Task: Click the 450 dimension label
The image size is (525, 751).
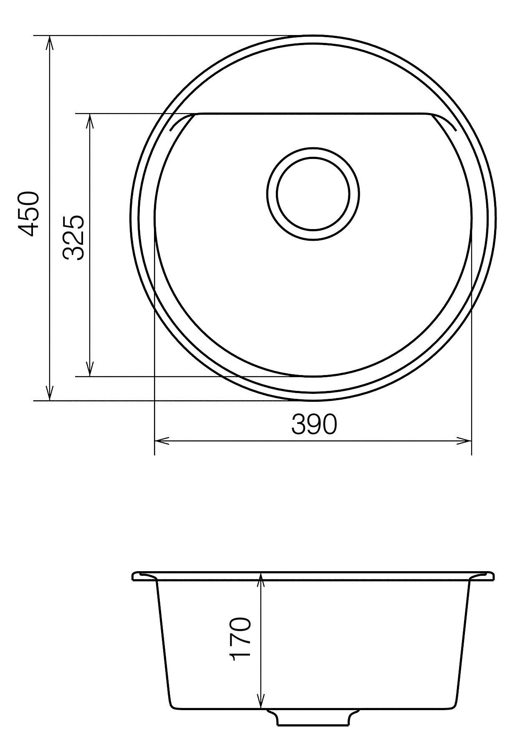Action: pos(30,214)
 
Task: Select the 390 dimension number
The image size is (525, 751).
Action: pos(313,425)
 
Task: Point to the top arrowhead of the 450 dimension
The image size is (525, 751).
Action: pos(50,43)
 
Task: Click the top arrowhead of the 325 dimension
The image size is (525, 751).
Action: pos(89,121)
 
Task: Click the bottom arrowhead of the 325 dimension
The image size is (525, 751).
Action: pos(89,369)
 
